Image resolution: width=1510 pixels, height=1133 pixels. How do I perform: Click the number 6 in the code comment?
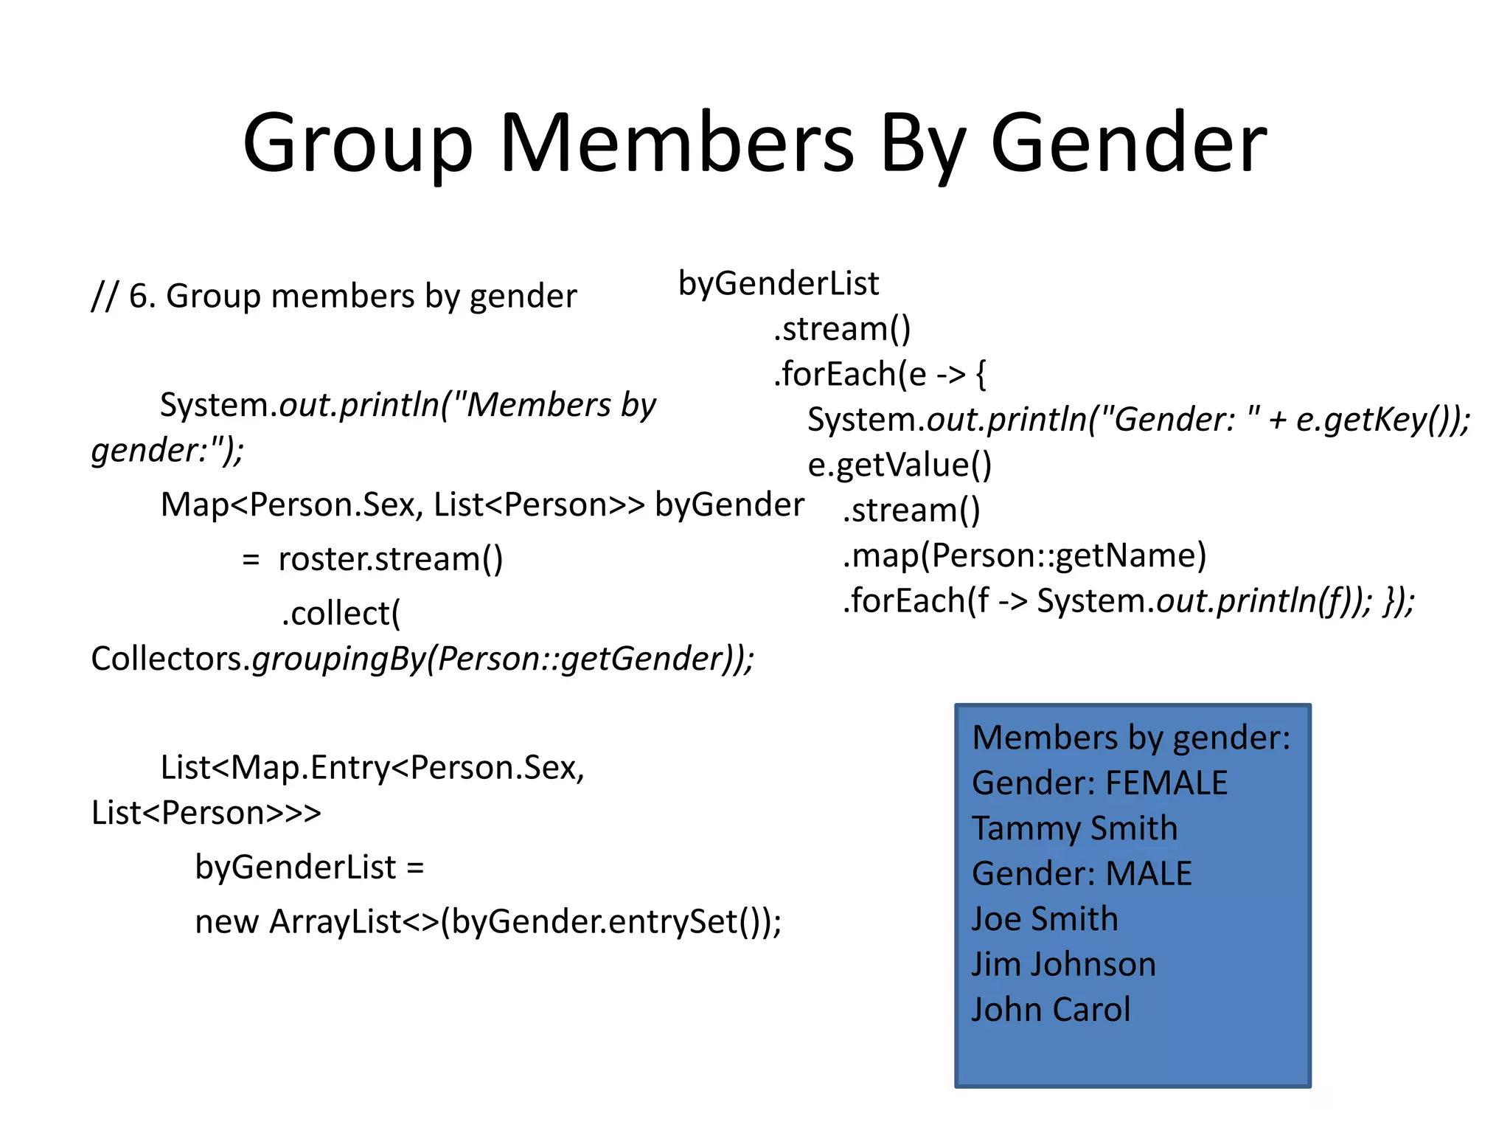point(139,297)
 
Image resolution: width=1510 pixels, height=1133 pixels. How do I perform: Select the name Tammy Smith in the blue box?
point(1074,828)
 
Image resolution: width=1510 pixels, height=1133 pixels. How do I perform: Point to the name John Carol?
point(1051,1010)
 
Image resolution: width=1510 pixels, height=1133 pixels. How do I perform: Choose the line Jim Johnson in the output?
point(1063,964)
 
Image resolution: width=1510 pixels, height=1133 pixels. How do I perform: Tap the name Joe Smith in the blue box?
point(1045,919)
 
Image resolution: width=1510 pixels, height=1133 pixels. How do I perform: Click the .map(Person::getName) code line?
point(1024,555)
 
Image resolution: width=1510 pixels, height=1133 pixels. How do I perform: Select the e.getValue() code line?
point(900,465)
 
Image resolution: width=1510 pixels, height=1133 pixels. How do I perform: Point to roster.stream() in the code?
point(391,559)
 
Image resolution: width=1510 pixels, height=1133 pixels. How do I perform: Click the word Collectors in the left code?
point(167,659)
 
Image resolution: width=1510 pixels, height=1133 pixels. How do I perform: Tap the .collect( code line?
point(341,614)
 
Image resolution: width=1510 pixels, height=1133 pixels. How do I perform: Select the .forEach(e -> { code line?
point(880,374)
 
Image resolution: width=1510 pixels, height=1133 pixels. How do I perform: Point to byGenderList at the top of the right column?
point(779,283)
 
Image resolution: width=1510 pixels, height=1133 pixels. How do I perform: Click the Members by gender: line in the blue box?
point(1131,738)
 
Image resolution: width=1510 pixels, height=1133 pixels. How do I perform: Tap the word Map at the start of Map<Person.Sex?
point(195,505)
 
